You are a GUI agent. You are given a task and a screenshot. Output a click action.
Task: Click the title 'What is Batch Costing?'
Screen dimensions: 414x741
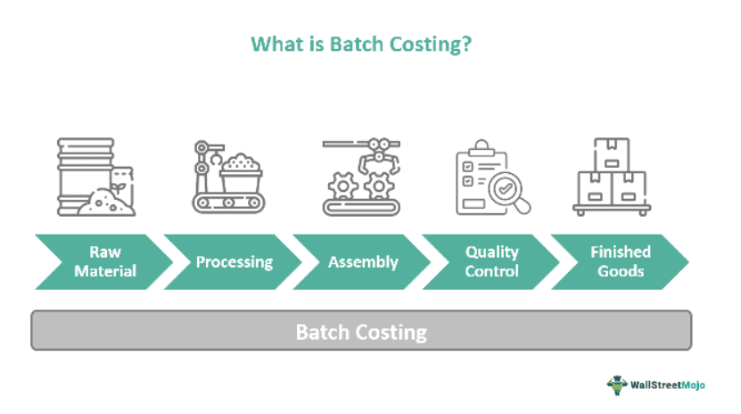tap(361, 44)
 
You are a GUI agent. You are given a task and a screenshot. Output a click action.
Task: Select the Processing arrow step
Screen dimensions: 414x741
tap(234, 261)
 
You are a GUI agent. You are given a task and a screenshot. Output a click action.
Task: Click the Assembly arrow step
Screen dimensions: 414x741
tap(362, 261)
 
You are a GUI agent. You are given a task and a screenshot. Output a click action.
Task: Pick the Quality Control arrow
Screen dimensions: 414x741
tap(491, 261)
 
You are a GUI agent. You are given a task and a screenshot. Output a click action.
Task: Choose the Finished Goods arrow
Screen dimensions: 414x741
tap(620, 261)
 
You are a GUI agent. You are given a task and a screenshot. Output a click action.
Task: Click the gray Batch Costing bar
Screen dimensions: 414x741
tap(361, 332)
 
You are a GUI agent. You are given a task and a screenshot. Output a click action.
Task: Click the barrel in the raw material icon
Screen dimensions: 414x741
tap(84, 170)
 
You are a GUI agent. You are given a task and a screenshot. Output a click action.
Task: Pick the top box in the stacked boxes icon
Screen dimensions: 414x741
tap(612, 153)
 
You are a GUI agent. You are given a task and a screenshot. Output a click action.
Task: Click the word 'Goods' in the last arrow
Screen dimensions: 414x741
tap(621, 270)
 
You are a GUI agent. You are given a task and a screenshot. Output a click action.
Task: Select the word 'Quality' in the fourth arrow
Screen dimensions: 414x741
tap(491, 253)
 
